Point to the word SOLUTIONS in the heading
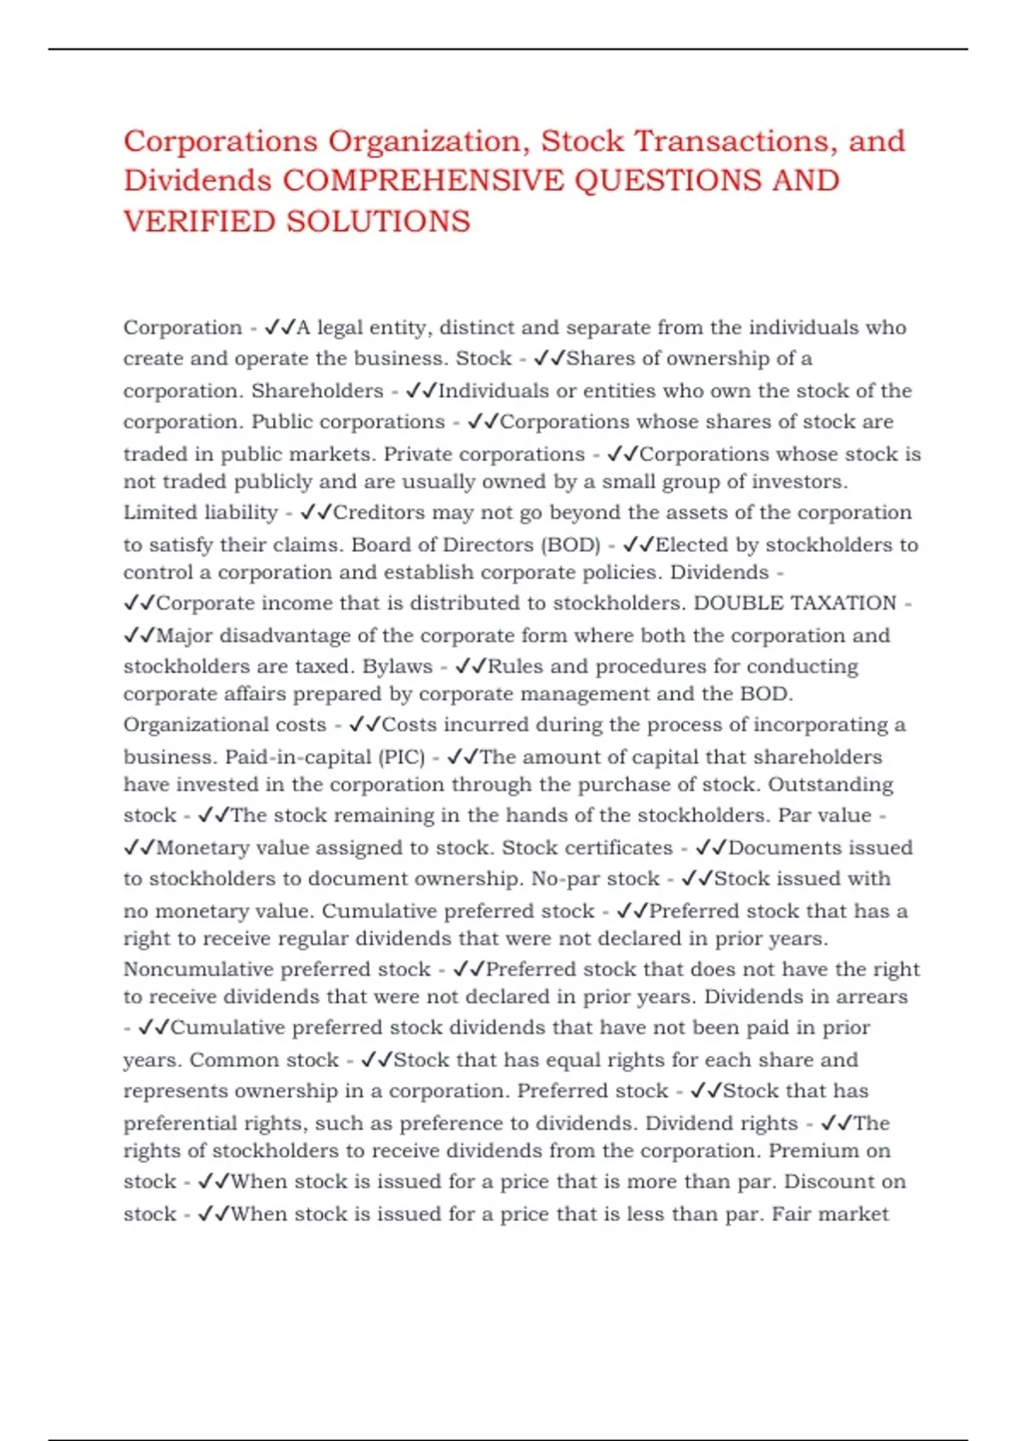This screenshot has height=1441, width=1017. (x=378, y=221)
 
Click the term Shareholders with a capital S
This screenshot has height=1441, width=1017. (x=317, y=391)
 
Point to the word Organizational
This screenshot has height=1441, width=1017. (x=225, y=725)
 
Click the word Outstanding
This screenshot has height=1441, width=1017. (x=831, y=784)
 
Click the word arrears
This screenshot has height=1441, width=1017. (x=872, y=997)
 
